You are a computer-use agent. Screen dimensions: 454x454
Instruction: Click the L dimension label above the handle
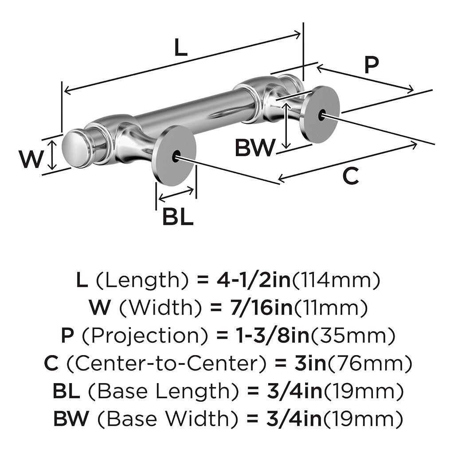click(x=180, y=48)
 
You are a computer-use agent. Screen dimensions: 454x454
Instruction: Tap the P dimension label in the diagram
click(x=372, y=65)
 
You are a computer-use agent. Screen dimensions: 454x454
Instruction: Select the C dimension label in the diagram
click(x=351, y=176)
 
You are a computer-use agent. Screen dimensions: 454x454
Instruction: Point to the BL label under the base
click(x=177, y=217)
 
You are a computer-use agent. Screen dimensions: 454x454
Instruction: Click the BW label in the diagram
click(x=254, y=148)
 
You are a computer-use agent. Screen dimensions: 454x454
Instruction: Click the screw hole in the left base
click(x=176, y=155)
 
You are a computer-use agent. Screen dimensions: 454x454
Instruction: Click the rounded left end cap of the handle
click(x=73, y=149)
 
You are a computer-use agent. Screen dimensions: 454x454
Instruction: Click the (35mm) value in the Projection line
click(x=352, y=336)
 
